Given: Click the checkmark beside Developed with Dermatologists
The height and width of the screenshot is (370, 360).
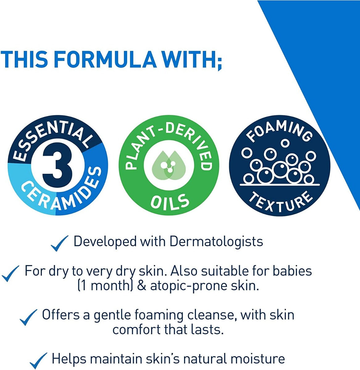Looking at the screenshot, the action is tap(59, 243).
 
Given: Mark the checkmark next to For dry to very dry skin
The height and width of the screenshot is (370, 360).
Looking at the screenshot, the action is tap(10, 273).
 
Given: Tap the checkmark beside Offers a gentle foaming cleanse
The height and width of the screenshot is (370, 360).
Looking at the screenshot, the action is tap(29, 317).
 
